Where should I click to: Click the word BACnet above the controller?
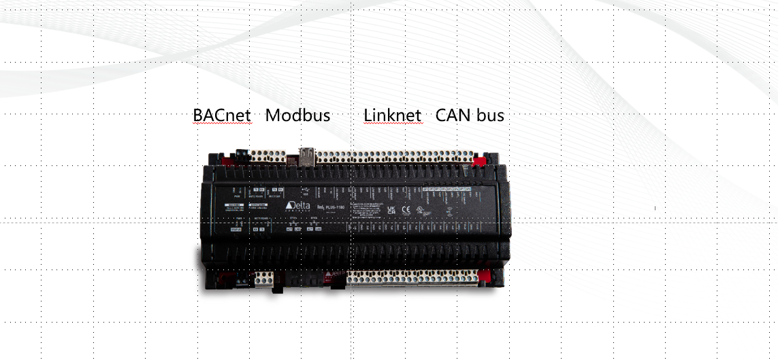coord(222,115)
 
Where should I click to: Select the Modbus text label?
coord(297,115)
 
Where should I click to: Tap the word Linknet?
coord(392,115)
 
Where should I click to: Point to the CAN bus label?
coord(470,115)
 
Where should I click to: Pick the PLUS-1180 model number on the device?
coord(334,206)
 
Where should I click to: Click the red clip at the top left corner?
coord(229,161)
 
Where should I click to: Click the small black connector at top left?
coord(240,154)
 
